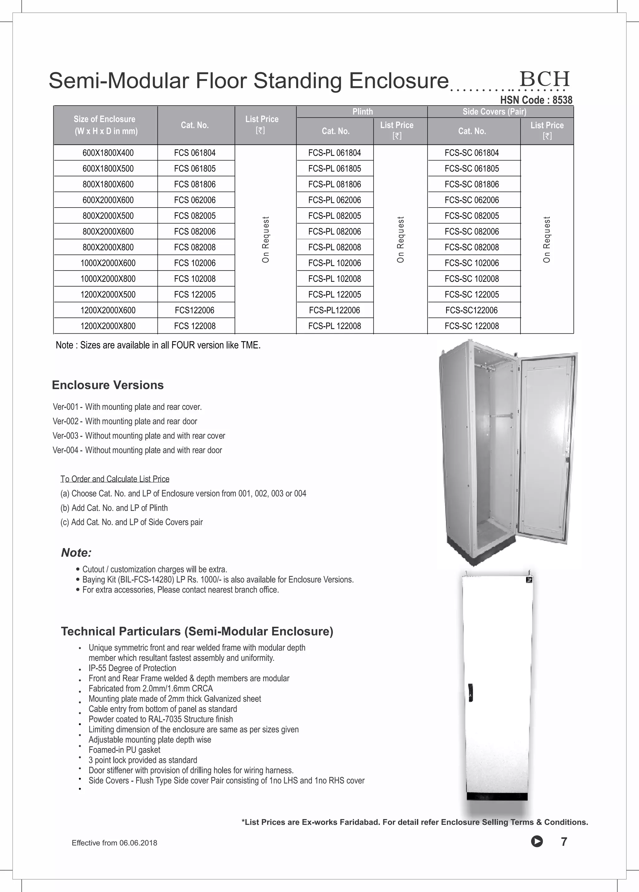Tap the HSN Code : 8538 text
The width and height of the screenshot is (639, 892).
[536, 100]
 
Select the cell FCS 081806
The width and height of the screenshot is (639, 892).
[195, 184]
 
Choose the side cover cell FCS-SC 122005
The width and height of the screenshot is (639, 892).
[471, 294]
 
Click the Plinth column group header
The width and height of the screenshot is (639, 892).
[362, 112]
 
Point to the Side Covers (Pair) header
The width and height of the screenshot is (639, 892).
[494, 112]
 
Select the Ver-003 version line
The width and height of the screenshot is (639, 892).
[139, 436]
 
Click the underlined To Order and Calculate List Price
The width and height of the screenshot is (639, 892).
[115, 479]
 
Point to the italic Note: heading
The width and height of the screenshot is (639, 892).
[76, 552]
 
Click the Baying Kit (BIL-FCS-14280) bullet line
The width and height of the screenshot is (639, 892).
[217, 580]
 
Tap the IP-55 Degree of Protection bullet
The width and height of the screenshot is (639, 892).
[132, 668]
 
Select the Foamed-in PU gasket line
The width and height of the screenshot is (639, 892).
[124, 750]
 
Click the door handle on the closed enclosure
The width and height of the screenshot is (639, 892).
[471, 693]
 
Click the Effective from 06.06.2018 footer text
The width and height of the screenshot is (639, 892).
[115, 843]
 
